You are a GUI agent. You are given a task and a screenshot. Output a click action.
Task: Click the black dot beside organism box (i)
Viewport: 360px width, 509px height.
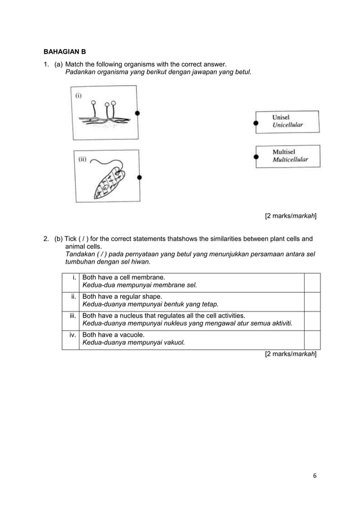point(137,113)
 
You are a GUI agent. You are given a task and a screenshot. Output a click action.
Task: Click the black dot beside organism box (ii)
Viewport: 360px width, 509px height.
point(139,177)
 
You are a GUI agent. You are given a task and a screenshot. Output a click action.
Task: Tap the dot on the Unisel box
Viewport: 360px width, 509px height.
point(256,122)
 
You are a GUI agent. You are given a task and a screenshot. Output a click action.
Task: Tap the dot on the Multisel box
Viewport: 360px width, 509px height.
point(256,156)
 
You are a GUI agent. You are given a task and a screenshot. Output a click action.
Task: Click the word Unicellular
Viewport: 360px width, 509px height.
point(288,125)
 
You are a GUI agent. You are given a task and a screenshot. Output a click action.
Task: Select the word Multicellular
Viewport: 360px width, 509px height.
point(290,160)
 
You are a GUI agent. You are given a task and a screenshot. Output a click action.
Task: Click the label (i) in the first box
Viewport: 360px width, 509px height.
point(78,95)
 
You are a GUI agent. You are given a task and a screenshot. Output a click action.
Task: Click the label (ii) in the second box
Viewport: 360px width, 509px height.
point(82,159)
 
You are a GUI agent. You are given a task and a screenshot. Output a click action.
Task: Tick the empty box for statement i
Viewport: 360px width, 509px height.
point(311,282)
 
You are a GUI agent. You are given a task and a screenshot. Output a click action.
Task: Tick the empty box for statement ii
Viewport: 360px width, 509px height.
point(311,301)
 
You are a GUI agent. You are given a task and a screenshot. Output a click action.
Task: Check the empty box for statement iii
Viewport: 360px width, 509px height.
point(311,319)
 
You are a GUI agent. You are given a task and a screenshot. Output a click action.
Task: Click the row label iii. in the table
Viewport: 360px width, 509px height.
point(72,315)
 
